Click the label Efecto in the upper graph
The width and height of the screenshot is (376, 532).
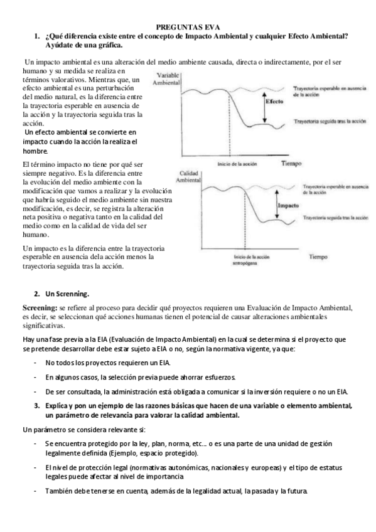[276, 100]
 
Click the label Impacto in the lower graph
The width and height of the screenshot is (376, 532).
[287, 204]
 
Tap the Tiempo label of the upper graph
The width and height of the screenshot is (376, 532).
[291, 162]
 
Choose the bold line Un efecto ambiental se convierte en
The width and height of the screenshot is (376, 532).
[79, 134]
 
